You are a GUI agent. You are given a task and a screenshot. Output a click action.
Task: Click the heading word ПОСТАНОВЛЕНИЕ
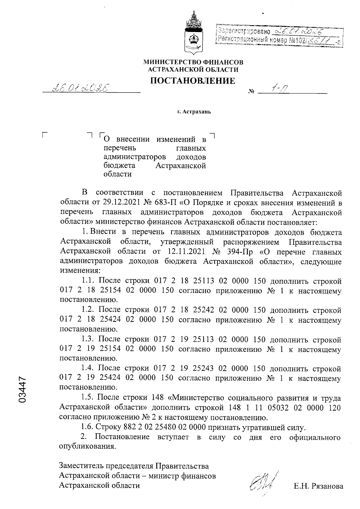(193, 81)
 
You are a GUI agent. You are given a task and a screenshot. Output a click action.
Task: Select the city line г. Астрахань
(194, 112)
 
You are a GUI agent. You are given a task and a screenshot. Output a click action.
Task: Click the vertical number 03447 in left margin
(23, 389)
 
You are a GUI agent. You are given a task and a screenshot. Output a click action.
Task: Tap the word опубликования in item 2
(87, 446)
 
